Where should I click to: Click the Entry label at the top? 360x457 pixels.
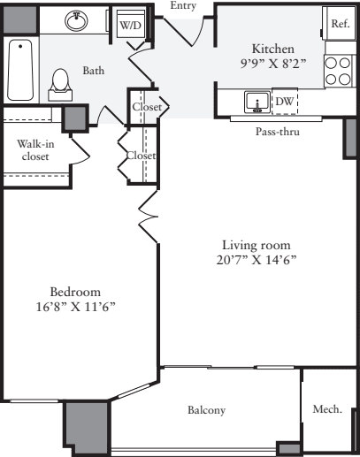[182, 5]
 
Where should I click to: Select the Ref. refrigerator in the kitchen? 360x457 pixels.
[340, 25]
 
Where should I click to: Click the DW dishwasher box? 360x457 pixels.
[284, 103]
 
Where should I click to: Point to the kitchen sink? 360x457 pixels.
[258, 103]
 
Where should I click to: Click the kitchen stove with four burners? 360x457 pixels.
[337, 71]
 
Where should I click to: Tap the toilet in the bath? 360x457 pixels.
[61, 80]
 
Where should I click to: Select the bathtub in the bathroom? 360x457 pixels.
[19, 71]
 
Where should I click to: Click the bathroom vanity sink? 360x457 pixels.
[75, 19]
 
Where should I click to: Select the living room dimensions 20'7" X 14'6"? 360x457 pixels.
[255, 260]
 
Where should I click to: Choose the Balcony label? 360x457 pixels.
[206, 410]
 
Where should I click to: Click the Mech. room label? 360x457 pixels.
[327, 409]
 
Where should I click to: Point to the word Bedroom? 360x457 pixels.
[74, 291]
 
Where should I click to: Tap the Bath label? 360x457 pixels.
[94, 70]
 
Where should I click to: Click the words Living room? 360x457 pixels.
[255, 245]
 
